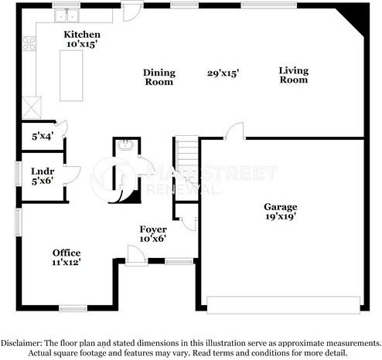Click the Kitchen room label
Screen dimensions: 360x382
coord(81,35)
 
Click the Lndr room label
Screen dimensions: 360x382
coord(41,172)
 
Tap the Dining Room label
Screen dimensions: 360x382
coord(159,77)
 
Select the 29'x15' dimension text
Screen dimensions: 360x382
coord(223,73)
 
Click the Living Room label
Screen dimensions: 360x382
coord(293,75)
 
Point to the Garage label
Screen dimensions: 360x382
coord(279,207)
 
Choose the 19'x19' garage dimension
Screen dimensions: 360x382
coord(279,217)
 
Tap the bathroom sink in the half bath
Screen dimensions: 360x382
coord(124,144)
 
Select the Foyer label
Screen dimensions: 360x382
coord(152,229)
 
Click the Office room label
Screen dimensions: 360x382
coord(67,253)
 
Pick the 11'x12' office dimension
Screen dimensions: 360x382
coord(67,263)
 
